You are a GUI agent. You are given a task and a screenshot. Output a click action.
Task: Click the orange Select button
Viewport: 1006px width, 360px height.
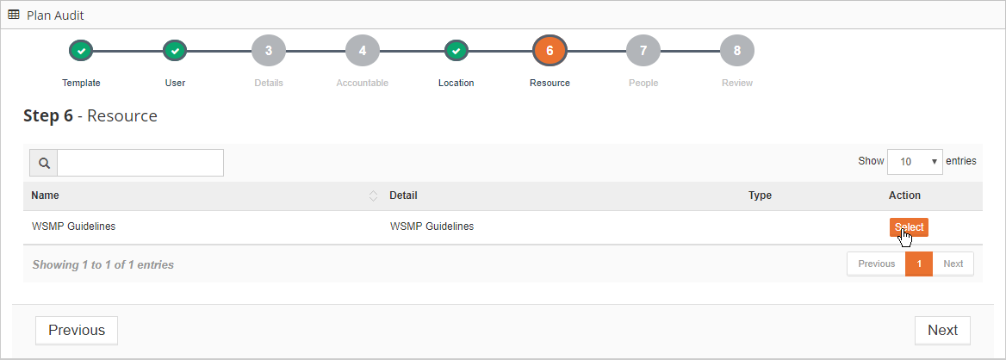(909, 227)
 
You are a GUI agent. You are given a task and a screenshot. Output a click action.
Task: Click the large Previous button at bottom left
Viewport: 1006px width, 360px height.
(77, 331)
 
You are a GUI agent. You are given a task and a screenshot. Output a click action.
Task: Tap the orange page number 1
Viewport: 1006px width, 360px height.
(919, 264)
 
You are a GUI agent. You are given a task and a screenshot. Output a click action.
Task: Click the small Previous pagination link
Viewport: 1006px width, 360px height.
(877, 264)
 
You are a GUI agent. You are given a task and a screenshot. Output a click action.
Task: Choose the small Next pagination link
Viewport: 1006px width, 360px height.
(953, 264)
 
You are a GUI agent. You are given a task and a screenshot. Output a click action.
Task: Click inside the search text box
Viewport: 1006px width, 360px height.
(140, 163)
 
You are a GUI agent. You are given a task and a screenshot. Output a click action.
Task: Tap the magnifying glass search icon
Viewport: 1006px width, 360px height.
(44, 163)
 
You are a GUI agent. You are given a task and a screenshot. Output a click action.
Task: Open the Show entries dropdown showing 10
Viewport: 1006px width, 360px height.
(915, 162)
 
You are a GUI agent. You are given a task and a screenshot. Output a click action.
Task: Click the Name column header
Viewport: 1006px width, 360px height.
(45, 196)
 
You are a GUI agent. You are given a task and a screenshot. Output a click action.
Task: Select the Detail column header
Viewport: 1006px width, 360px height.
(404, 196)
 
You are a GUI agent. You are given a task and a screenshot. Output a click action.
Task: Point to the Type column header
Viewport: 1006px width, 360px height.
(760, 196)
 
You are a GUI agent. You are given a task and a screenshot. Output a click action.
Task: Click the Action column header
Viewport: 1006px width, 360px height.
(904, 196)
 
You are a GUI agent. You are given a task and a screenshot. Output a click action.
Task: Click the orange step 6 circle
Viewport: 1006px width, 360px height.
(550, 51)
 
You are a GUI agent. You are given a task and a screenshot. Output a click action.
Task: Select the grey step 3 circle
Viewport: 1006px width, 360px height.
(269, 51)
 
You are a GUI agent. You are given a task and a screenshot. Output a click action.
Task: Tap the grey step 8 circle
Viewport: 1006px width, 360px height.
(737, 51)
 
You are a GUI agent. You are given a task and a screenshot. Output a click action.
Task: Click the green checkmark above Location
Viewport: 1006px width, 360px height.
(456, 51)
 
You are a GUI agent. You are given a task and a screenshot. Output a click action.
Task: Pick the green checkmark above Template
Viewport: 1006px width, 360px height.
(82, 51)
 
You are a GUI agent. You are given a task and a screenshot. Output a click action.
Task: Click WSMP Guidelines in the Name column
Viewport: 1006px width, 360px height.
(73, 226)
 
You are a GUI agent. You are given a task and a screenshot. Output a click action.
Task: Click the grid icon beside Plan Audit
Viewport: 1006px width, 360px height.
(14, 15)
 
